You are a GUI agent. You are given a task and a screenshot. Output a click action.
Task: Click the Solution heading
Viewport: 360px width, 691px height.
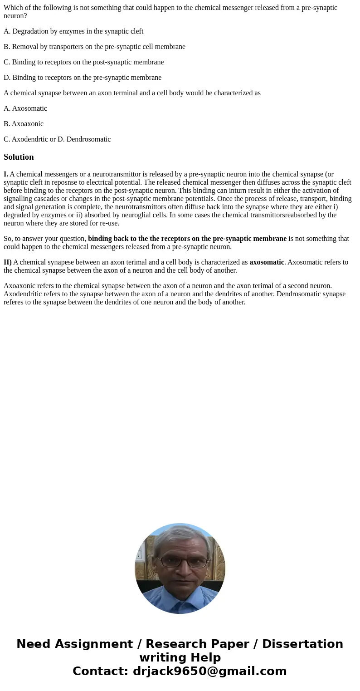[19, 157]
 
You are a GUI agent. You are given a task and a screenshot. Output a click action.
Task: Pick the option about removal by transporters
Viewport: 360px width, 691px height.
[94, 47]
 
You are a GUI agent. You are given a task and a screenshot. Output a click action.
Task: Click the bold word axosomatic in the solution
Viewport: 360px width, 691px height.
[267, 262]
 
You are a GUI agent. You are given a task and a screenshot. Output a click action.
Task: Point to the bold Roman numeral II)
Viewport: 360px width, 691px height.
[8, 262]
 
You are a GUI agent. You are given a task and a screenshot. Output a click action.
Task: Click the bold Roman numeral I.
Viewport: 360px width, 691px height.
[6, 174]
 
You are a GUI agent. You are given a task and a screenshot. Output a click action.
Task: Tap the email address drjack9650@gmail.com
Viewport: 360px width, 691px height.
[209, 671]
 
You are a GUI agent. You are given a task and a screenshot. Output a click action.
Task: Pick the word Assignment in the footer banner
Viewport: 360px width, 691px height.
[86, 644]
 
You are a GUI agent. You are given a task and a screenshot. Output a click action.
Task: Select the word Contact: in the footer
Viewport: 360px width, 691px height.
[101, 671]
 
